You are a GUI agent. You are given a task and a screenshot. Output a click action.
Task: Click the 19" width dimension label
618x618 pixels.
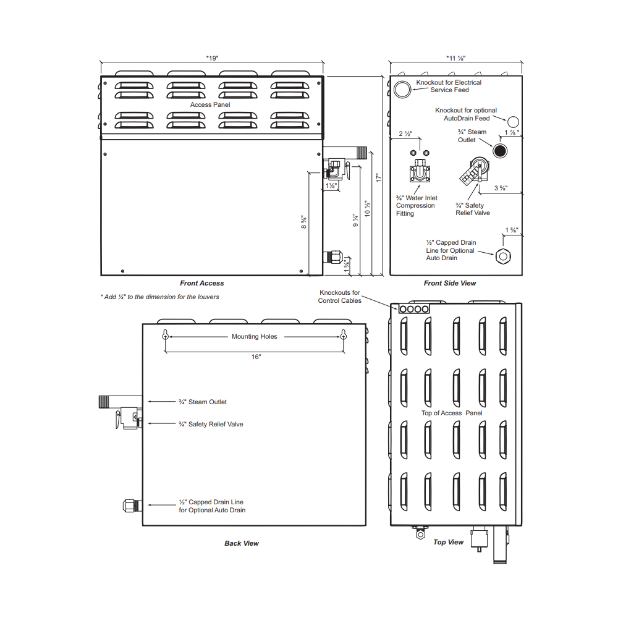coord(212,58)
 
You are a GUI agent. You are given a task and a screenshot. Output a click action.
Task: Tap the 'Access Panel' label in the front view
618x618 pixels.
coord(210,104)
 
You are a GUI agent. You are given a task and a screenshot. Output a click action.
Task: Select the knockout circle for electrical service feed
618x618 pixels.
coord(402,90)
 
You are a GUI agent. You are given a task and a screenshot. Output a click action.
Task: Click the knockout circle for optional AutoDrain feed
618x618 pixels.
coord(513,122)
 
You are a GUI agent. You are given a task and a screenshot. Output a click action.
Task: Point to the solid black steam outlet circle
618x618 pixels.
coord(500,151)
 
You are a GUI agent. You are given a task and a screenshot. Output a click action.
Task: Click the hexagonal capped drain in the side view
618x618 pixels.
coord(503,256)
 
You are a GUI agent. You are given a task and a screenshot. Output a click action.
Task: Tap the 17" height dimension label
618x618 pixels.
coord(379,178)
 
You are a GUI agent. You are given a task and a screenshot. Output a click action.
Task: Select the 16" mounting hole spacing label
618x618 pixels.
coord(256,357)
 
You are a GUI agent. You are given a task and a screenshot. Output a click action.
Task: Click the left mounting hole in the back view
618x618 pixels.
coord(166,336)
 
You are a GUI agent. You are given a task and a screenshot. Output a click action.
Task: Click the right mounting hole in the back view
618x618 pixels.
coord(343,336)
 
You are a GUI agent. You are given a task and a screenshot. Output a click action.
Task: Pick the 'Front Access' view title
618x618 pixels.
coord(202,283)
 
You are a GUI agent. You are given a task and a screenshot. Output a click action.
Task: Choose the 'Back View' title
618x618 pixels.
coord(242,543)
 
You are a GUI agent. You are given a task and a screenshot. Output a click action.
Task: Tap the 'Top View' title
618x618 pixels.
coord(449,542)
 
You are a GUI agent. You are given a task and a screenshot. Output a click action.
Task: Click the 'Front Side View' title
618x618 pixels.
coord(450,283)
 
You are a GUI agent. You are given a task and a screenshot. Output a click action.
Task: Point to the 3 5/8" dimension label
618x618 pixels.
coord(501,188)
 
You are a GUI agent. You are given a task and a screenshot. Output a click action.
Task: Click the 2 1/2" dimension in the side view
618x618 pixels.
coord(405,133)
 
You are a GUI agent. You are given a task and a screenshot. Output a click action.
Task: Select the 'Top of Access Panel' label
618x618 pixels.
coord(452,413)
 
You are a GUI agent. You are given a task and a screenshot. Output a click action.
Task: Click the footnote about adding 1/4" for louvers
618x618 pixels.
coord(159,297)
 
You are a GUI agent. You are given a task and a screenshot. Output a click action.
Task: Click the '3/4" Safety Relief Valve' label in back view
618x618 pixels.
coord(211,424)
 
